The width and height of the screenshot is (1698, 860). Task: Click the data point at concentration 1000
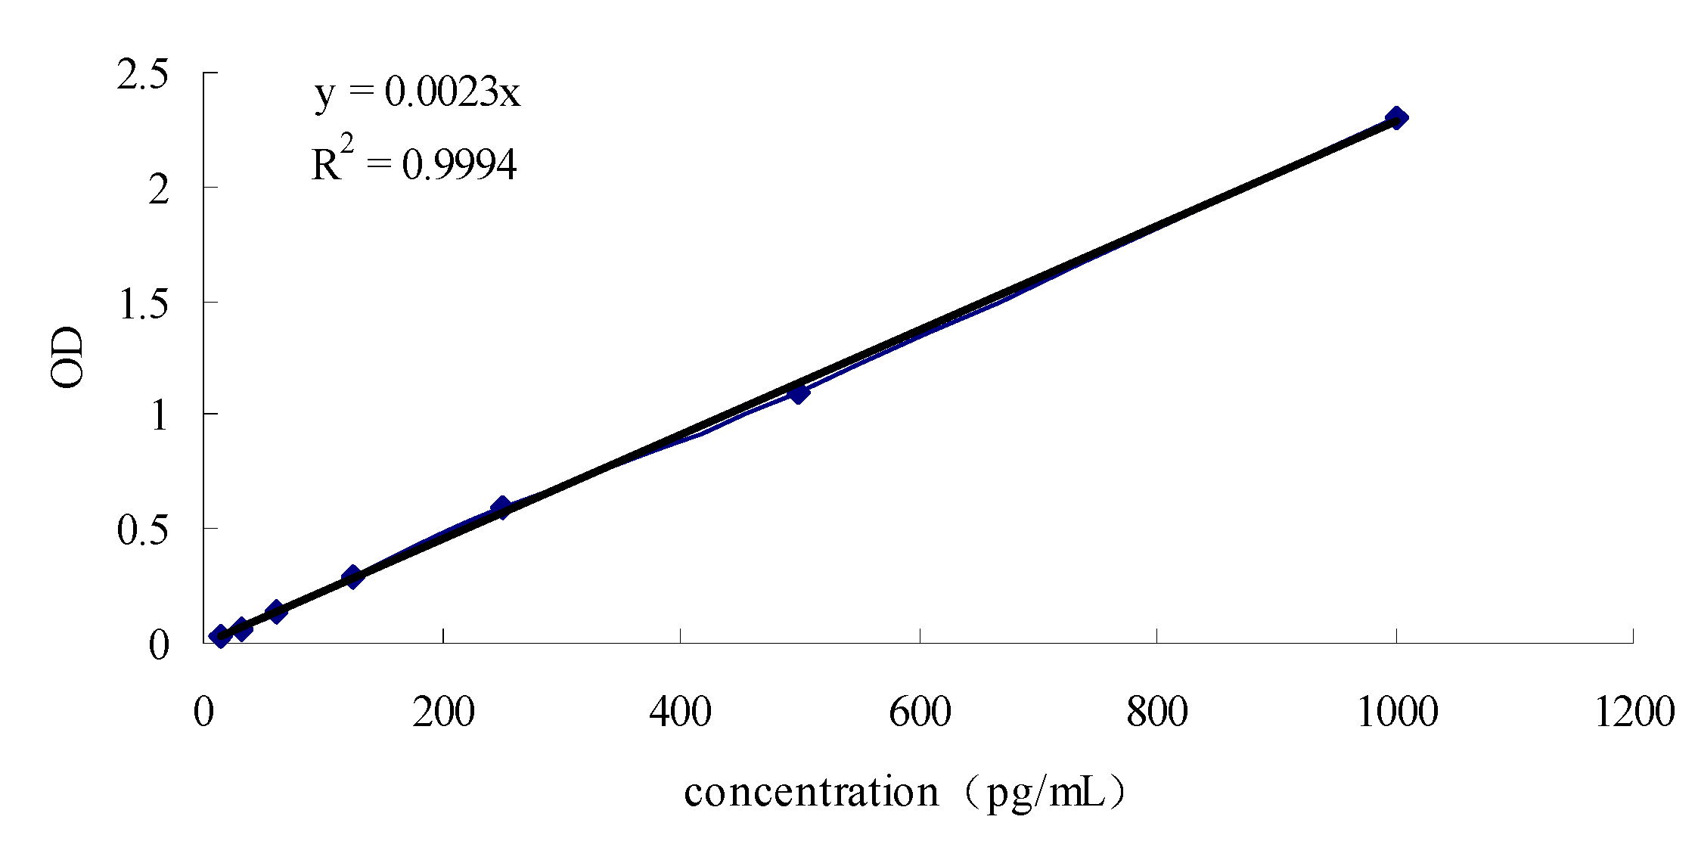(x=1396, y=118)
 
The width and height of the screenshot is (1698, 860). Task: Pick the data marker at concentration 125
(x=352, y=576)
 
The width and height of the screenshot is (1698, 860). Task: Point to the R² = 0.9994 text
(x=414, y=162)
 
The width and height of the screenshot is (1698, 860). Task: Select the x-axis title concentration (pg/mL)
(x=906, y=793)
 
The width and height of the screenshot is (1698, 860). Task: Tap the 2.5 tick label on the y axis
(x=142, y=78)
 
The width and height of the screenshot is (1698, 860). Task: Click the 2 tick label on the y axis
(x=157, y=191)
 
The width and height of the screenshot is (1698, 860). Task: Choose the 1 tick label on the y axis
(x=159, y=417)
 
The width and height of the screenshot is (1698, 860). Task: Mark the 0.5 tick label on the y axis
(x=142, y=531)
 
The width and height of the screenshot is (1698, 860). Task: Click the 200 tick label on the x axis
(x=443, y=713)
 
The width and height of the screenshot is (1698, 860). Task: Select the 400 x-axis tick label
(x=681, y=713)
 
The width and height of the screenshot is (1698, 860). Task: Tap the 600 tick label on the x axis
(x=919, y=713)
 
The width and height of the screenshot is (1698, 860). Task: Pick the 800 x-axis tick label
(x=1157, y=713)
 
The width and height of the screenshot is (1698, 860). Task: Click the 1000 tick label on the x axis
(x=1396, y=713)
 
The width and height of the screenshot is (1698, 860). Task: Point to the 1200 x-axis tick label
(x=1634, y=713)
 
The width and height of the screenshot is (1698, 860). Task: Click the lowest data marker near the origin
(x=220, y=637)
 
